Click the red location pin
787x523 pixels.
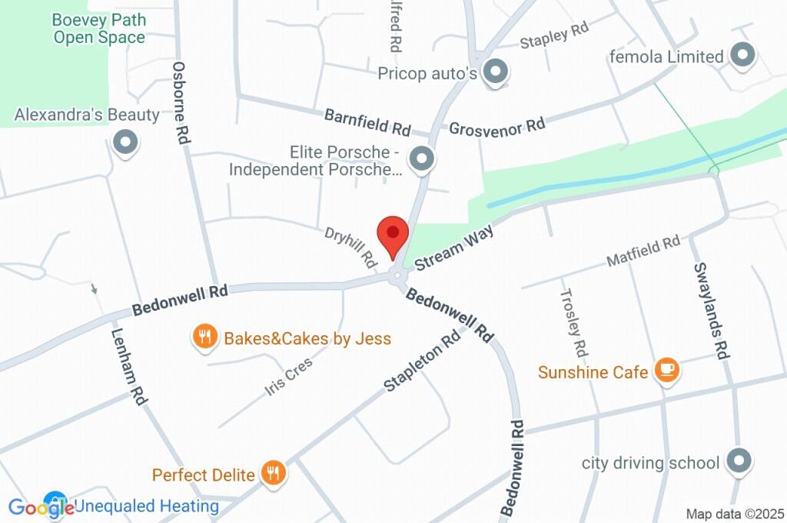(x=393, y=232)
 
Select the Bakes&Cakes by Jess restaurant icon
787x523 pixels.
(x=204, y=337)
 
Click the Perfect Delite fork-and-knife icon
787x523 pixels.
(x=273, y=474)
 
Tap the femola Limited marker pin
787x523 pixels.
(x=742, y=55)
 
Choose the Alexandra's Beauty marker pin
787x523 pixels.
(x=125, y=142)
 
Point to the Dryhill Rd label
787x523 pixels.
(x=350, y=246)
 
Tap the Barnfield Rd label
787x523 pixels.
(x=367, y=121)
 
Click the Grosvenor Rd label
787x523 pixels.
(x=496, y=125)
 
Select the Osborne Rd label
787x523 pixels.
(x=182, y=103)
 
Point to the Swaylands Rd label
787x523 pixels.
(x=710, y=311)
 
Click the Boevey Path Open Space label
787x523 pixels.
(x=100, y=28)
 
